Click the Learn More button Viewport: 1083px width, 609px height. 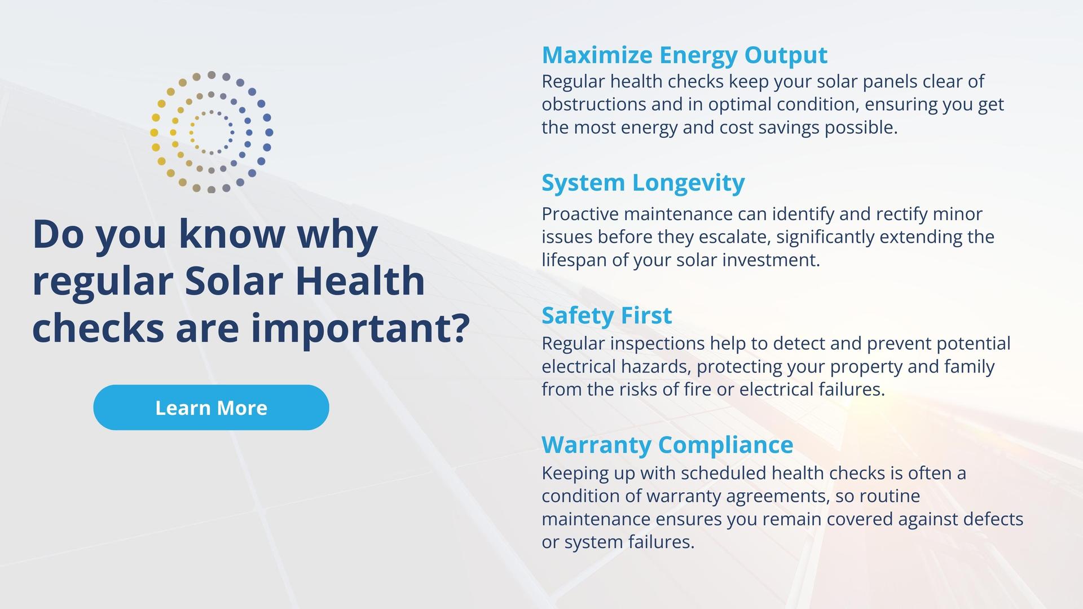coord(211,408)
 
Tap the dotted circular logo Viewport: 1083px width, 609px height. coord(212,133)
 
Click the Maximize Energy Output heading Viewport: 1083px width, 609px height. coord(684,55)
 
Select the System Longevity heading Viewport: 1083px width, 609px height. coord(643,183)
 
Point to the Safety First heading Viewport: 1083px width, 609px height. coord(606,316)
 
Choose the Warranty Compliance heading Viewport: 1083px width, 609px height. coord(667,445)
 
